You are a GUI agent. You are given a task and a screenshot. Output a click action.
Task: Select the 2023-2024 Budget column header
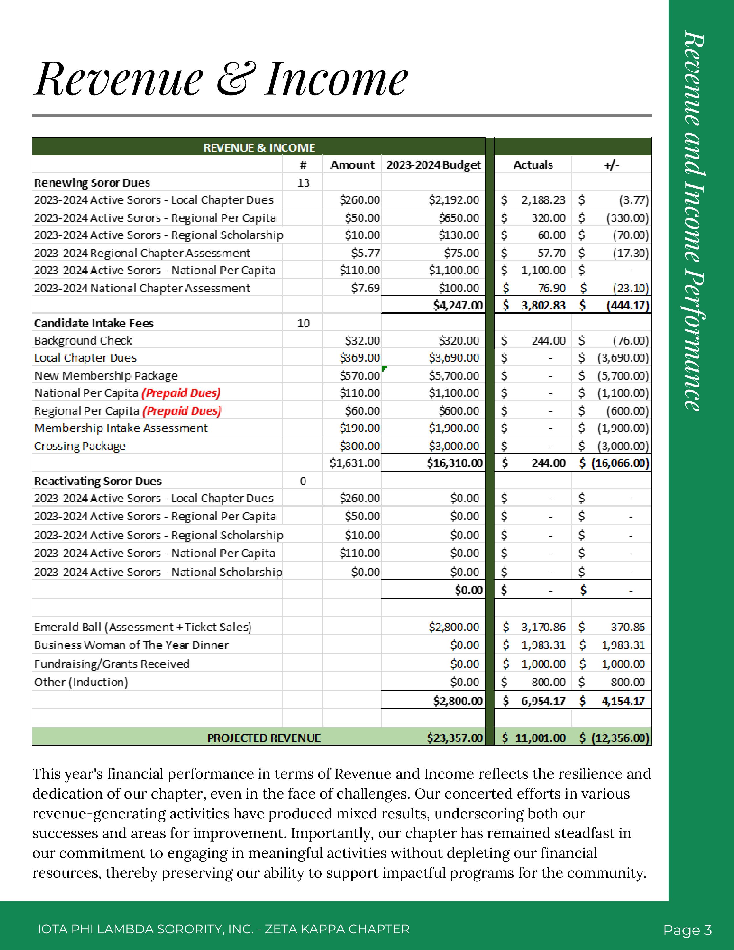point(433,165)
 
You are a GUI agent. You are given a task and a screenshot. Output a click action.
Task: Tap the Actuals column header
point(533,165)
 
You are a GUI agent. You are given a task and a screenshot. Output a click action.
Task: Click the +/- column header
point(611,165)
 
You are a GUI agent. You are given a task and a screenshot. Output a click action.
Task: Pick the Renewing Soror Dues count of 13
point(303,183)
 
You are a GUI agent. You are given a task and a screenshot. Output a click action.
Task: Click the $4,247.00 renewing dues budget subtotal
point(458,305)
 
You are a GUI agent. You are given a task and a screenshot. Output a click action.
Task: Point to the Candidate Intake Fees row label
point(94,323)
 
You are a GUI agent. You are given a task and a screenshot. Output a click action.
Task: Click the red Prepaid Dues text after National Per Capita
point(181,393)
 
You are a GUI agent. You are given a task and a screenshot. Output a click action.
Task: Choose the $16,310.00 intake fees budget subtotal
point(455,463)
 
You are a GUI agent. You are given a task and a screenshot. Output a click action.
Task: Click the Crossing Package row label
point(80,446)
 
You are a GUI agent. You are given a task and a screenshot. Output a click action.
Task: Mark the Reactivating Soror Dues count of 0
point(303,481)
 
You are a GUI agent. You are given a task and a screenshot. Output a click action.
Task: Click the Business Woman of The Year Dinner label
point(131,645)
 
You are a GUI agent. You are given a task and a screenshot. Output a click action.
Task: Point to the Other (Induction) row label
point(81,682)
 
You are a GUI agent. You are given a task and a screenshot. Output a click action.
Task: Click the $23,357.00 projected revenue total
point(455,738)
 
